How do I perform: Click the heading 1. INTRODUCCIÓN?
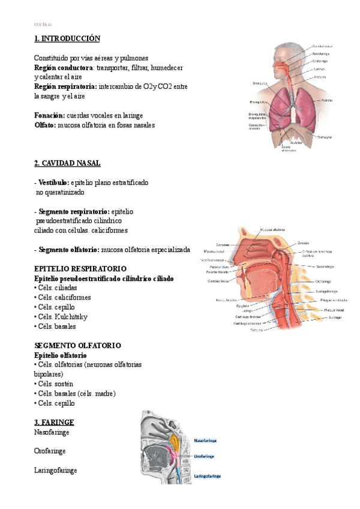click(x=67, y=38)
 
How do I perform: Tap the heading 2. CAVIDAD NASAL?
click(x=68, y=163)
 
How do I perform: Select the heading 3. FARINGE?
click(x=54, y=421)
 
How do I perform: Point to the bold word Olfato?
click(x=45, y=125)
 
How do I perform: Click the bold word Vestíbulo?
click(x=53, y=182)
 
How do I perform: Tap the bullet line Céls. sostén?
click(x=54, y=384)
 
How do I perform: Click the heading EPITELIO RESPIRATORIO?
click(x=80, y=268)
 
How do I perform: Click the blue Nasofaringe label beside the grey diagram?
click(x=205, y=440)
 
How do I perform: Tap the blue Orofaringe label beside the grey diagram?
click(x=205, y=456)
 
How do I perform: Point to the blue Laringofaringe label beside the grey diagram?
click(x=208, y=475)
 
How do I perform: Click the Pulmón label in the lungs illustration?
click(x=326, y=100)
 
